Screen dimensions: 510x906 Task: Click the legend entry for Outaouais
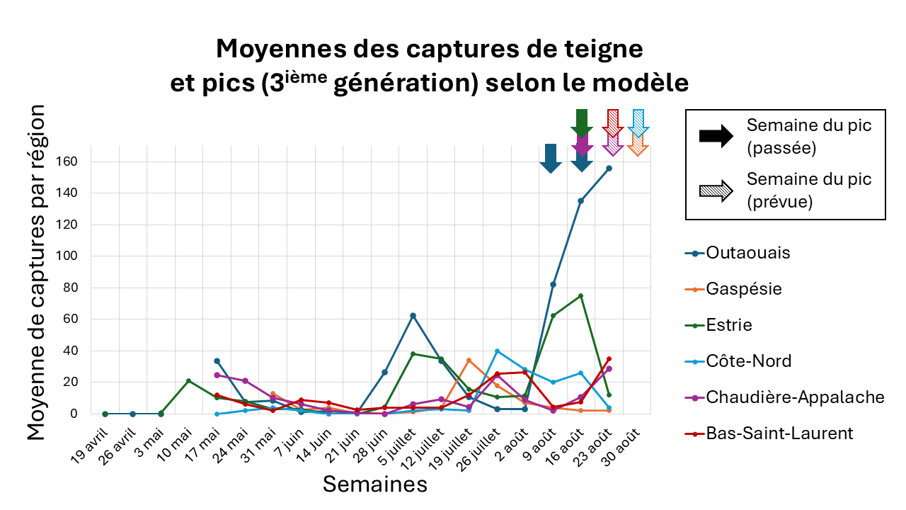click(x=748, y=253)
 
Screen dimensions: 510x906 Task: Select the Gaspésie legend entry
click(x=744, y=289)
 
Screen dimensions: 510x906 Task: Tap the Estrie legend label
click(x=729, y=325)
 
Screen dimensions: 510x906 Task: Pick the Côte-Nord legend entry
click(x=748, y=361)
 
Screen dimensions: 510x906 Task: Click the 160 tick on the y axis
click(x=76, y=161)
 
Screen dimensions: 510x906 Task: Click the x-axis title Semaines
click(x=375, y=484)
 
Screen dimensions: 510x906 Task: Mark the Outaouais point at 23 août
click(x=609, y=169)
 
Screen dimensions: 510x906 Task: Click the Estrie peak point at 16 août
click(x=581, y=295)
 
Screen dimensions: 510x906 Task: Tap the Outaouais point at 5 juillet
click(x=413, y=315)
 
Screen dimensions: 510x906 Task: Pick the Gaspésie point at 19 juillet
click(x=469, y=361)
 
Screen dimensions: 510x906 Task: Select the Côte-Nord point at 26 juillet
click(x=497, y=351)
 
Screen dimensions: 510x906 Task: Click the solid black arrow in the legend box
click(x=716, y=137)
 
